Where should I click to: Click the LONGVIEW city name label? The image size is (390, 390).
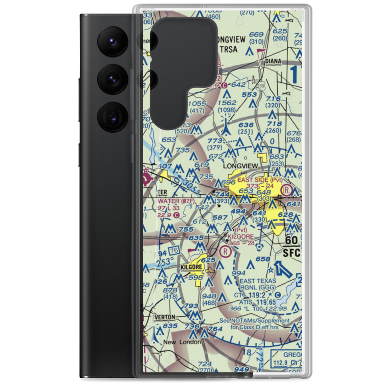point(240,166)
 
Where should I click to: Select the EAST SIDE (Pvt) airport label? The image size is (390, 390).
point(260,180)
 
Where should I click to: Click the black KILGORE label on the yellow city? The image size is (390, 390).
point(191,267)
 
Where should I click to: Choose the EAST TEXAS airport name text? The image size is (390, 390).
point(257,281)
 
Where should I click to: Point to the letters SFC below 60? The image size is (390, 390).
point(292,252)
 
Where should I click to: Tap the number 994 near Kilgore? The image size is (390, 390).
point(239,273)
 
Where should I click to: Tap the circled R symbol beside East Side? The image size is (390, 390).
point(287,190)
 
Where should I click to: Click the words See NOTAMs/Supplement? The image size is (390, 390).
point(254,321)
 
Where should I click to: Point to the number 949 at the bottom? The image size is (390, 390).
point(242,369)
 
